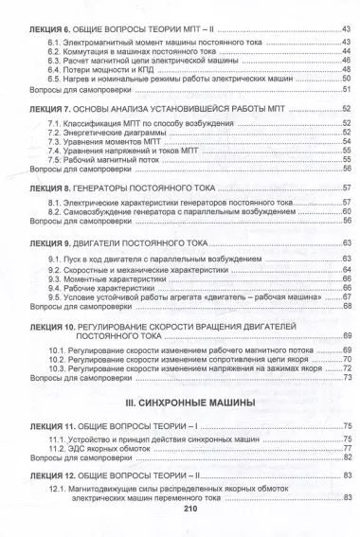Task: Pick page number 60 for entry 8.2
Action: coord(346,214)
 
